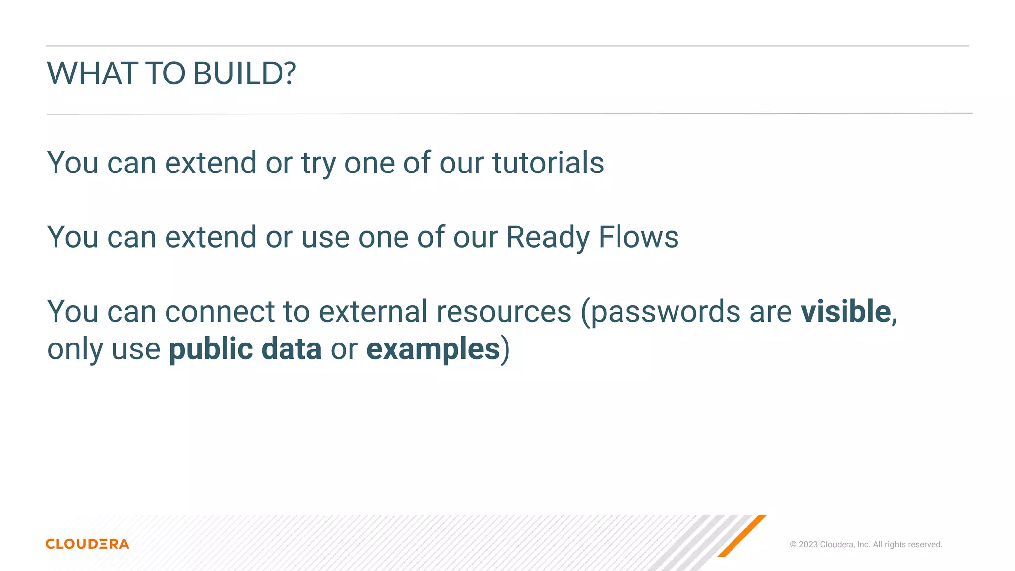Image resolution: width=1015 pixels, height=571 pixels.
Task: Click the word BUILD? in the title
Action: pyautogui.click(x=244, y=73)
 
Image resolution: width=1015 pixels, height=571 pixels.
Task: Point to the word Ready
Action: pyautogui.click(x=548, y=237)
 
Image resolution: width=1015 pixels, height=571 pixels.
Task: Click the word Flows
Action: pyautogui.click(x=638, y=237)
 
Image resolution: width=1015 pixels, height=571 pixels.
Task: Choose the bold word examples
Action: pyautogui.click(x=433, y=349)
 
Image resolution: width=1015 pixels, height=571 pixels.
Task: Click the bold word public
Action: pyautogui.click(x=211, y=349)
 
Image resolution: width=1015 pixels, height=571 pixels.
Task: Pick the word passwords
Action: pyautogui.click(x=666, y=312)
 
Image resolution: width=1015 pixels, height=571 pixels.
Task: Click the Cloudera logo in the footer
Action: pyautogui.click(x=87, y=544)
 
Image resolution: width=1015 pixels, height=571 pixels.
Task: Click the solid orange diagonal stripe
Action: pyautogui.click(x=741, y=536)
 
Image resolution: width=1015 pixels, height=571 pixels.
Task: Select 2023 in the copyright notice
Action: pyautogui.click(x=808, y=544)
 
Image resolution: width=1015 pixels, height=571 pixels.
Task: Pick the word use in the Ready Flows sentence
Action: pyautogui.click(x=325, y=237)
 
